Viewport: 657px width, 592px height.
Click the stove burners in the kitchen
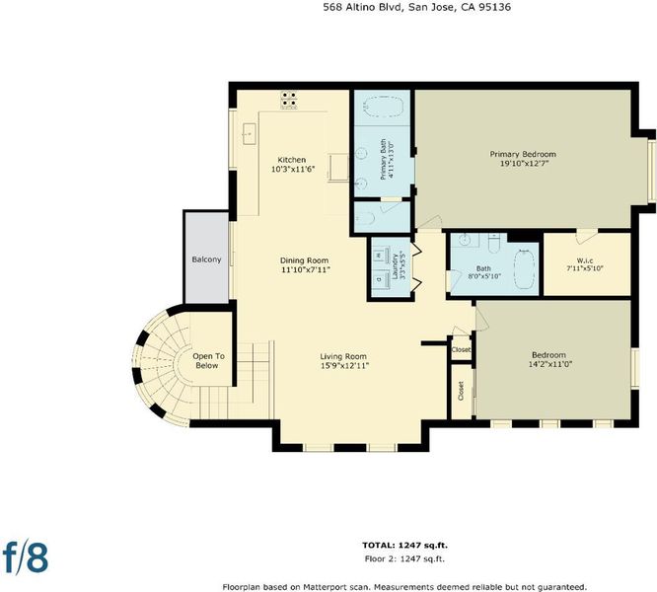[289, 100]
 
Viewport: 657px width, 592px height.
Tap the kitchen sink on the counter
[250, 133]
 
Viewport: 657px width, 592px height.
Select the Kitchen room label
[292, 160]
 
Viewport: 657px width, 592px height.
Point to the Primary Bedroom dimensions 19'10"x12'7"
[525, 164]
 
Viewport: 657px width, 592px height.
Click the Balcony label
[206, 259]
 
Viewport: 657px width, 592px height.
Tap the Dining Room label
[304, 260]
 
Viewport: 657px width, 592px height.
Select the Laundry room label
[395, 266]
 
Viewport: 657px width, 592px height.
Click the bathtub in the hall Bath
[525, 269]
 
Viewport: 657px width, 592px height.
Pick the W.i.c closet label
[585, 260]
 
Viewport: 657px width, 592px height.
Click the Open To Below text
[208, 361]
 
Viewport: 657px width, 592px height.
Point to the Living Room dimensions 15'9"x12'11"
[344, 366]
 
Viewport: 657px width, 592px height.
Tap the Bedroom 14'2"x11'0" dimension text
[550, 364]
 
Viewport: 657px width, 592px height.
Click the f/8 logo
[25, 557]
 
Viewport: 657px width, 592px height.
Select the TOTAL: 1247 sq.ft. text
[404, 545]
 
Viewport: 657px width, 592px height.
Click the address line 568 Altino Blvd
[363, 7]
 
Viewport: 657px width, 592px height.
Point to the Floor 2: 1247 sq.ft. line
[404, 558]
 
